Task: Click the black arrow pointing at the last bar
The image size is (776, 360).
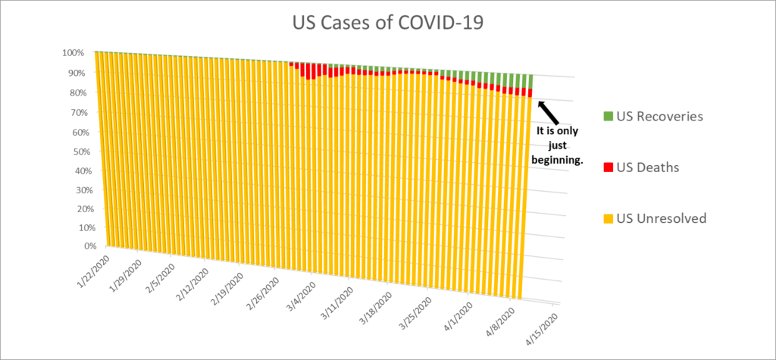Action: click(x=550, y=113)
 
